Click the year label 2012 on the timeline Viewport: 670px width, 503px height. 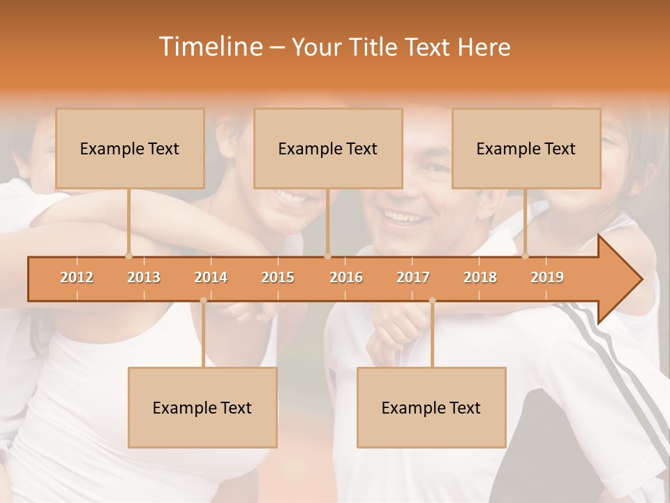click(x=77, y=277)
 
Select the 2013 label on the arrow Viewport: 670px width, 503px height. click(x=144, y=277)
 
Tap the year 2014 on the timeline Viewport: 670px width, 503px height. click(x=211, y=277)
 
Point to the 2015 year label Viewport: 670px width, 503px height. click(x=278, y=277)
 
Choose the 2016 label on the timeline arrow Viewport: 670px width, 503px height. click(x=346, y=277)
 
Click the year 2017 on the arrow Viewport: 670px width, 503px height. click(x=413, y=277)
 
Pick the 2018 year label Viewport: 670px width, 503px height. click(x=480, y=277)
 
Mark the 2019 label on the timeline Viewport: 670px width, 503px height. click(x=547, y=277)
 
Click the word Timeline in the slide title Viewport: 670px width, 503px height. click(x=209, y=47)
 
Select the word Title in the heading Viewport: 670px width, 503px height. click(x=374, y=48)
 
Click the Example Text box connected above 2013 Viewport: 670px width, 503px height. click(x=130, y=148)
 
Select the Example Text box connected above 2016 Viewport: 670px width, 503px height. click(x=328, y=148)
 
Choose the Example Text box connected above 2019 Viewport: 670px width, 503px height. click(x=526, y=148)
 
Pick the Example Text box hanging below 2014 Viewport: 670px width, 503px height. click(x=202, y=407)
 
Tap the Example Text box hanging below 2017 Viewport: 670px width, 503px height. click(x=431, y=407)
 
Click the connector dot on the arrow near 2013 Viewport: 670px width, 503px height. click(x=128, y=256)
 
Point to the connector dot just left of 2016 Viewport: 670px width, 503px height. click(x=328, y=256)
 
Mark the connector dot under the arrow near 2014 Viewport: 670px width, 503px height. click(x=203, y=300)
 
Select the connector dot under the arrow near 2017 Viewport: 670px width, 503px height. click(x=432, y=300)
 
